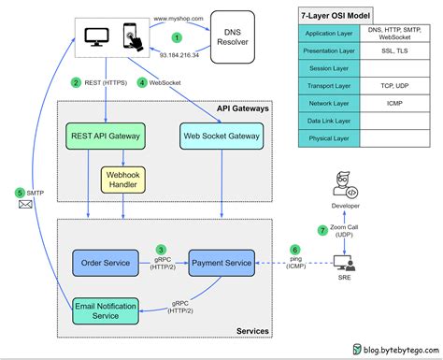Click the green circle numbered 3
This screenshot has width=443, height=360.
[162, 250]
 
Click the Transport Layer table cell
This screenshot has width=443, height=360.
[329, 87]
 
